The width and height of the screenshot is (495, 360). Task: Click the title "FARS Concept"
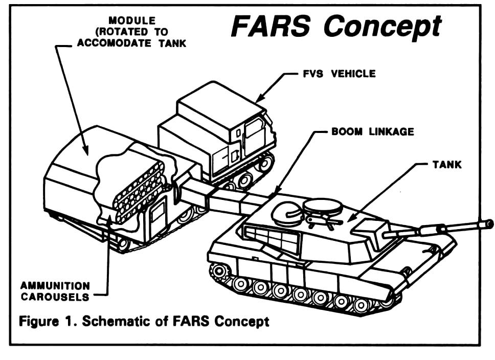coord(336,26)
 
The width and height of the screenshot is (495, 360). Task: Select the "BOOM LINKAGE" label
coord(373,131)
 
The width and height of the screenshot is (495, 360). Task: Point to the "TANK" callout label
coord(447,165)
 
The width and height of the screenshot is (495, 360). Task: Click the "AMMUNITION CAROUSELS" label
coord(55,291)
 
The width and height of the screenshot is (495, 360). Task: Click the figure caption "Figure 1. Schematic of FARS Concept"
coord(144,322)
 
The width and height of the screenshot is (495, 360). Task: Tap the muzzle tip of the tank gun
coord(489,223)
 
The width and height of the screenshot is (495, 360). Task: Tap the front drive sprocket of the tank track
coord(219,271)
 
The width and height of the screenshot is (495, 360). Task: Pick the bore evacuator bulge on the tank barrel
coord(431,230)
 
